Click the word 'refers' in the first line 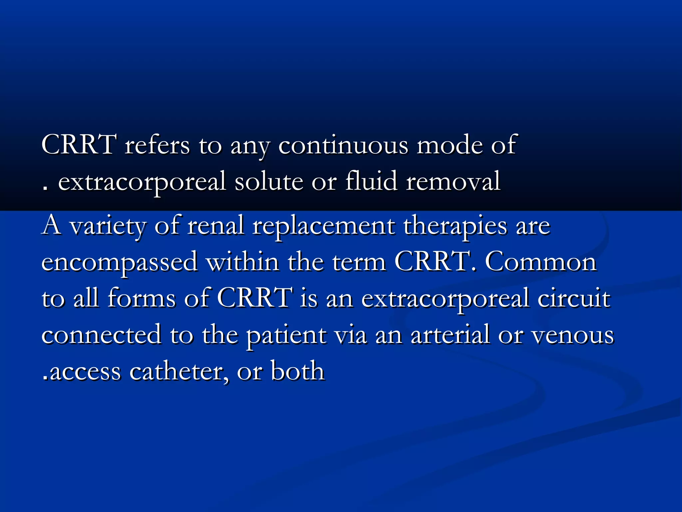157,145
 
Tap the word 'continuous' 343,145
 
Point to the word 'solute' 269,182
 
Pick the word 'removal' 453,182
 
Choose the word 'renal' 215,226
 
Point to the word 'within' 242,262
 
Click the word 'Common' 540,262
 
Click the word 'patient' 286,336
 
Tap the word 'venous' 572,336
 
